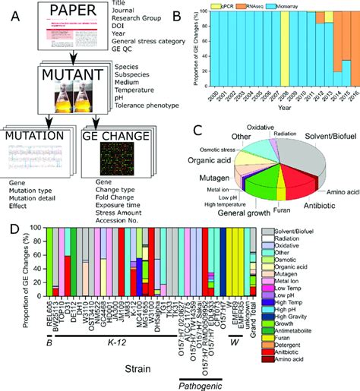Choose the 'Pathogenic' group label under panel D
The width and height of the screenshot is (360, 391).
click(200, 382)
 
